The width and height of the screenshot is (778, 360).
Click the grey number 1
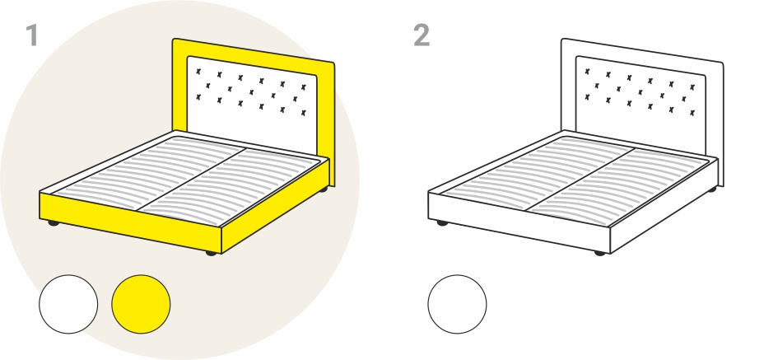click(32, 35)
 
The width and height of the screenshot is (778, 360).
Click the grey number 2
click(422, 35)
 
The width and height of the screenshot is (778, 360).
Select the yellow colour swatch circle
click(141, 304)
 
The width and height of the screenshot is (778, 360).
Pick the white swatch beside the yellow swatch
click(68, 304)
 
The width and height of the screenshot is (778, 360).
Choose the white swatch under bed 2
click(457, 304)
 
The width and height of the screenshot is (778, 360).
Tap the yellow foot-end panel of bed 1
click(130, 222)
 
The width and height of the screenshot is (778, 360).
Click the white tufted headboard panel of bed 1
click(252, 105)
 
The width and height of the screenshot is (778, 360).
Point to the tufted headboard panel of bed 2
click(640, 105)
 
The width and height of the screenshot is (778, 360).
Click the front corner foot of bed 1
click(211, 253)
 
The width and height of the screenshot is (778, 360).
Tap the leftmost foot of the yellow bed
click(53, 223)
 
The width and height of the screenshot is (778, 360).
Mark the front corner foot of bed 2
click(599, 253)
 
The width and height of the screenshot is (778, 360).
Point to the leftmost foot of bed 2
click(441, 223)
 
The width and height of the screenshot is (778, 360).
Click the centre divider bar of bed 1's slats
click(191, 180)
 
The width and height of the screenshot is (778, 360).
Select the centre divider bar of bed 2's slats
click(580, 180)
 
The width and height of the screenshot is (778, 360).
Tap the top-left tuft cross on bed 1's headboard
click(198, 72)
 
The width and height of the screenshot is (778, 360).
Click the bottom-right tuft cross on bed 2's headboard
click(692, 113)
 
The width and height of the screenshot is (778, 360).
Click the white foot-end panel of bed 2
click(519, 222)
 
